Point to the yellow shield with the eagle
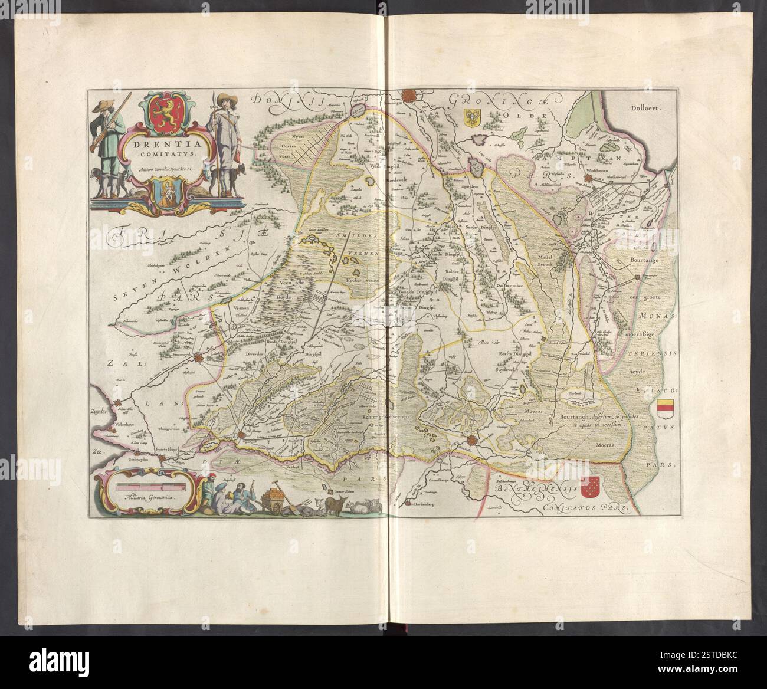click(474, 117)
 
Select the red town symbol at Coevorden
click(471, 441)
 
